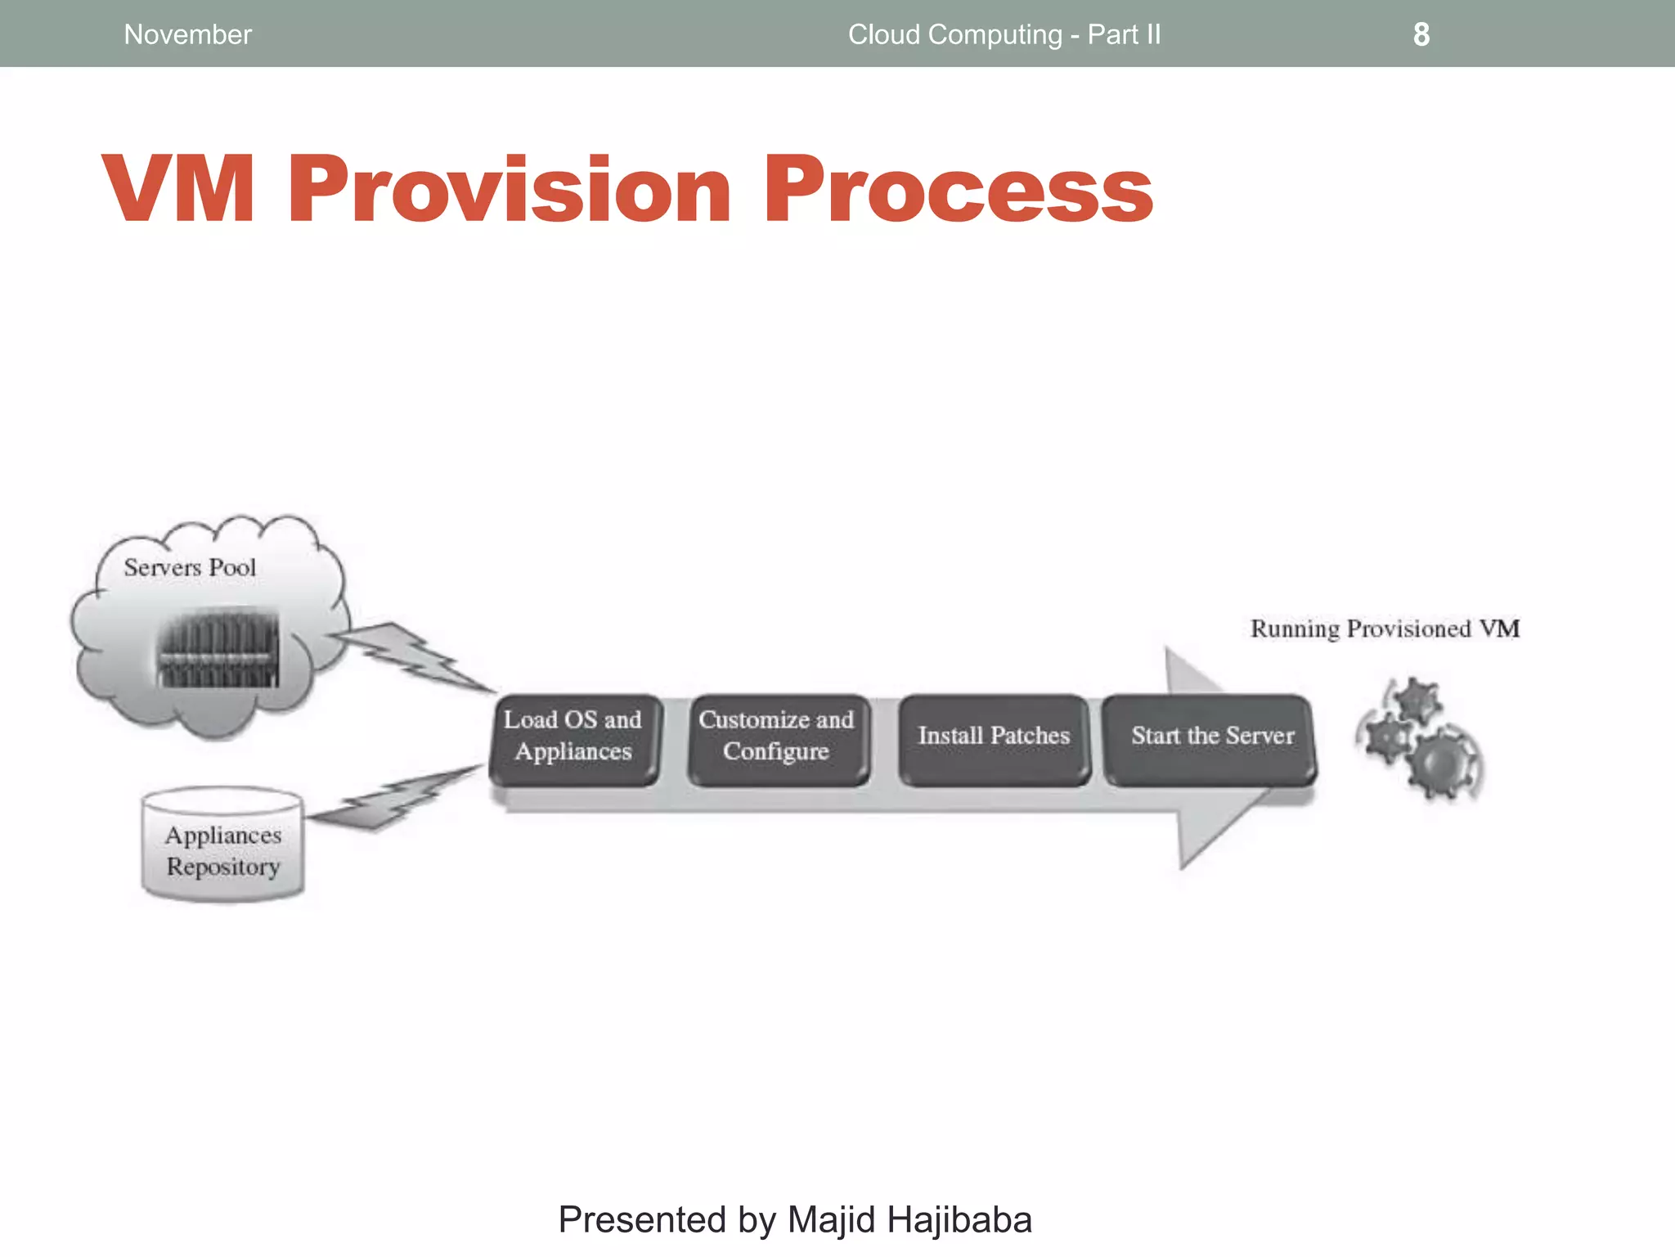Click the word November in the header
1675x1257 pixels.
[187, 34]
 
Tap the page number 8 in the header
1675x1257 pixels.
[1421, 34]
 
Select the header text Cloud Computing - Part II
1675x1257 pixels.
[1004, 34]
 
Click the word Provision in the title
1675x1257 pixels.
[509, 190]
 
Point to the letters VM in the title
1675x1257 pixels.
[178, 190]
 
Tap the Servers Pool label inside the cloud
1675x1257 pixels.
[190, 567]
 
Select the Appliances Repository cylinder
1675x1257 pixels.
[222, 847]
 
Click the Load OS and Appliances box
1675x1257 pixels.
[573, 737]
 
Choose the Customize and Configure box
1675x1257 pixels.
[776, 737]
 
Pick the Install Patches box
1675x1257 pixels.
[993, 737]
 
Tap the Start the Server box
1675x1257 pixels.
[1210, 737]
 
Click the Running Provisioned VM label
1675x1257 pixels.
[1384, 629]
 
